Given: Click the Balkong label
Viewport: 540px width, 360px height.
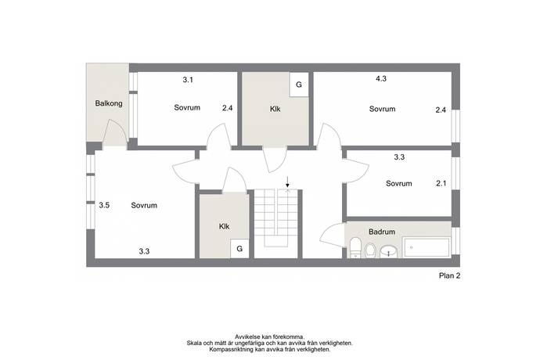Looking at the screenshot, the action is pos(109,103).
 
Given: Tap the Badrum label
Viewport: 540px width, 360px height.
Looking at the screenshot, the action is pos(382,232).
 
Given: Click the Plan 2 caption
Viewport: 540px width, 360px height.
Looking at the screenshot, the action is pos(449,275).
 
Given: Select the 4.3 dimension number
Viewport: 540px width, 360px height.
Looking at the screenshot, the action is pos(381,79).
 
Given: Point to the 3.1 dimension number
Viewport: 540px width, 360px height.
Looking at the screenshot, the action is pos(188,80).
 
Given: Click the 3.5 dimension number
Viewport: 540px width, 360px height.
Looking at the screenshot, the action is pos(104,205).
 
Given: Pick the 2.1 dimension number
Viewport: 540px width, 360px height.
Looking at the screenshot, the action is pos(441,184).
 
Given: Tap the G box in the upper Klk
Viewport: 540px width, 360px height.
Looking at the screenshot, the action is pos(299,85).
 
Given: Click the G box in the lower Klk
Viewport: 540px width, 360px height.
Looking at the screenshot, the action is pos(239,248).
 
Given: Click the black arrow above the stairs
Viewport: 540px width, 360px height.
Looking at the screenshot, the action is pos(287,182).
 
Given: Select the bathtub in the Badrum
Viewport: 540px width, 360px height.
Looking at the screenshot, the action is pos(427,247).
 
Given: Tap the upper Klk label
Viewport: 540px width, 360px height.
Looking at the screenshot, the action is pos(275,110).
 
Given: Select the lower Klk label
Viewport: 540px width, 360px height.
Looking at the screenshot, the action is pos(224,227).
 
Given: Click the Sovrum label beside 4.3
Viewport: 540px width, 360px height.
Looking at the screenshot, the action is pos(382,110).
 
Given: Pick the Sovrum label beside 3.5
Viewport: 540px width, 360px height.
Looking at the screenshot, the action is pos(144,206).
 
